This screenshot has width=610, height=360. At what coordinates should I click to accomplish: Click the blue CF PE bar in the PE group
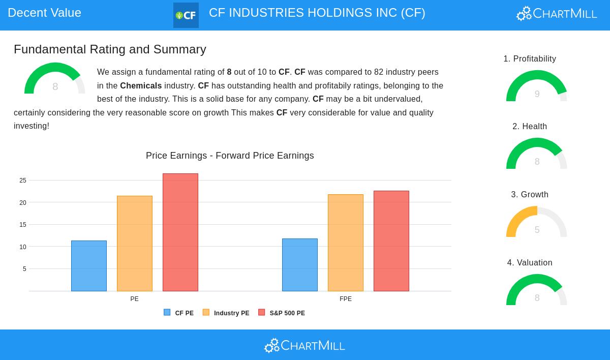tap(89, 266)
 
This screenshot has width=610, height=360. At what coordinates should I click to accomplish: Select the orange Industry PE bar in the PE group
tap(135, 244)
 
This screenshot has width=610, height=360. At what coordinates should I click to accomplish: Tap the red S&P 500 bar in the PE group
tap(180, 232)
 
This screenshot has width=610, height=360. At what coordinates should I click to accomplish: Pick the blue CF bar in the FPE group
tap(300, 265)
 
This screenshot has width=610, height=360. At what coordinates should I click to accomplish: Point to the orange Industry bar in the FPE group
tap(346, 243)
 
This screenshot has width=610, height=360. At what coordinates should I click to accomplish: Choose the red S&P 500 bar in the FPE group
tap(391, 241)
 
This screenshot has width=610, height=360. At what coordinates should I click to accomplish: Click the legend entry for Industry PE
tap(226, 313)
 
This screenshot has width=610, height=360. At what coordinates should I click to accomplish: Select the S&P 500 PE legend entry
tap(282, 313)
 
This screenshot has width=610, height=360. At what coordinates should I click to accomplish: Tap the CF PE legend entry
tap(179, 313)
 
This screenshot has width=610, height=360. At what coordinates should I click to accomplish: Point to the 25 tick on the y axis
tap(23, 181)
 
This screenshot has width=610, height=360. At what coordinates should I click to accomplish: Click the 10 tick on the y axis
tap(23, 247)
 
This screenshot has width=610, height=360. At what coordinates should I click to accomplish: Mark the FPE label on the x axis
tap(346, 299)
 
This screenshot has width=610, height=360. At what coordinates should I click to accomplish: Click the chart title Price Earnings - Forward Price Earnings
tap(230, 156)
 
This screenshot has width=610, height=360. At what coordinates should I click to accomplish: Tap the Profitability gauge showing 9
tap(537, 87)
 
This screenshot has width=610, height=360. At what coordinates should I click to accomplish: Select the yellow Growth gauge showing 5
tap(537, 223)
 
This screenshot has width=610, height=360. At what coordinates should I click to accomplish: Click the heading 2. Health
tap(530, 127)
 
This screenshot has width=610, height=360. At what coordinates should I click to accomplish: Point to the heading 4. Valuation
tap(530, 263)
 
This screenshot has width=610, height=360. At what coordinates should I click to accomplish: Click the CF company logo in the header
tap(186, 15)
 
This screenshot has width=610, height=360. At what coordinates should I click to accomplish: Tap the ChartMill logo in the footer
tap(304, 346)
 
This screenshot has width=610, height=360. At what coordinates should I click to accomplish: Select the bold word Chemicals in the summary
tap(141, 86)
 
